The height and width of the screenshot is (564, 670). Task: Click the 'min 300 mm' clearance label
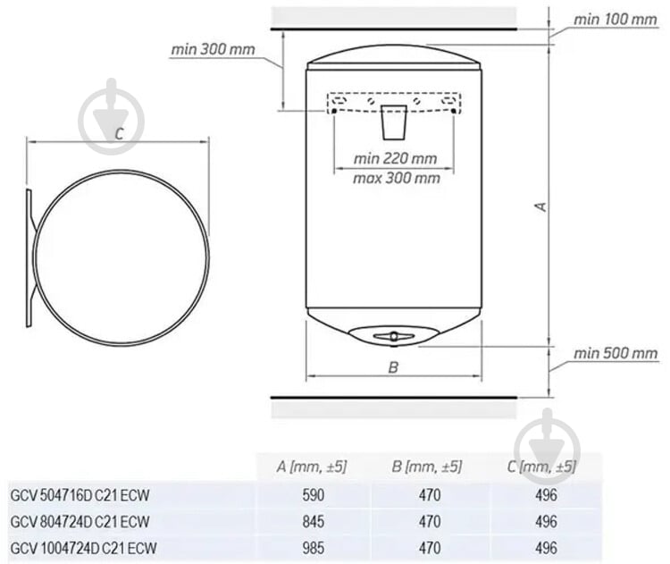213,49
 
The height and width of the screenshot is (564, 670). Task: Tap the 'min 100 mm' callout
615,20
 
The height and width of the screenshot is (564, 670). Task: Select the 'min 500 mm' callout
616,353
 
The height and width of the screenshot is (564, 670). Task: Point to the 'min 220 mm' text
395,158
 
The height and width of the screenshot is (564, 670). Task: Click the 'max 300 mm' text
397,178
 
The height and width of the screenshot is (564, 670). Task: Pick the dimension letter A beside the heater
541,206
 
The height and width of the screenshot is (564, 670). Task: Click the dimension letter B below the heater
394,366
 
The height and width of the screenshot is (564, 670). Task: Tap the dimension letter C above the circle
119,134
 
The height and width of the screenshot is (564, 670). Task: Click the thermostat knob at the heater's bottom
394,336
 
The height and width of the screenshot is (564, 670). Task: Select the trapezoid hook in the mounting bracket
394,122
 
